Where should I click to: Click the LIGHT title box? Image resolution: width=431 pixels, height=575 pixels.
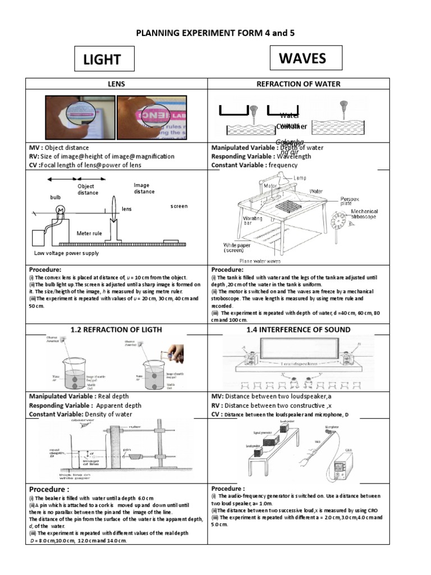point(104,60)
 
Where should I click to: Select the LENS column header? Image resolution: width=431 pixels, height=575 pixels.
point(116,84)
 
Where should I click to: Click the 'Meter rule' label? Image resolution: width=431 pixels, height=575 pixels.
point(89,232)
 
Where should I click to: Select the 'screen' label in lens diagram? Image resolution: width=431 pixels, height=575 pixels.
point(180,207)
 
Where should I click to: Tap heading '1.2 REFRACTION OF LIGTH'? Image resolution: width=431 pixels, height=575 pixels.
point(116,330)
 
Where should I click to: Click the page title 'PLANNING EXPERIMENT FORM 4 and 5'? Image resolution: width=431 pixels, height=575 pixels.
point(215,33)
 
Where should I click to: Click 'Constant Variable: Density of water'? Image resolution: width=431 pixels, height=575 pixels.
point(81,414)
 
